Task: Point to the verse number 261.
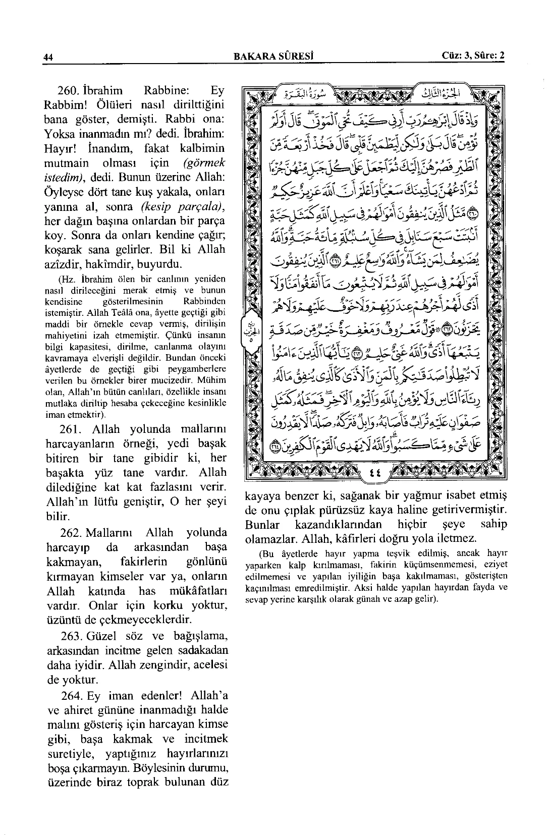pyautogui.click(x=71, y=429)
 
